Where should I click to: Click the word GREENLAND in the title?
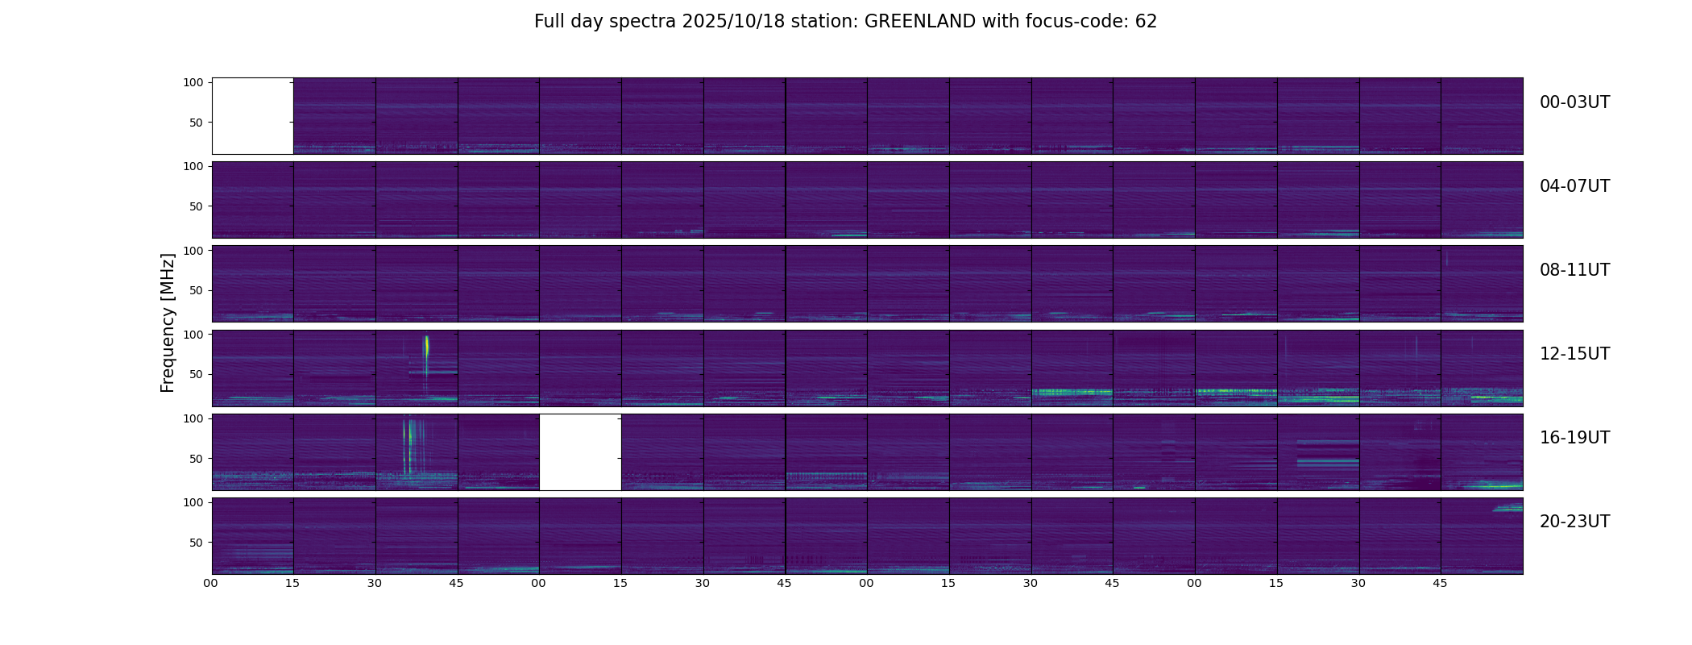tap(919, 22)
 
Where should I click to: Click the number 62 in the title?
tap(1146, 22)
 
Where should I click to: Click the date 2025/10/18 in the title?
tap(736, 22)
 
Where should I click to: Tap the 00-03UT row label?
tap(1574, 102)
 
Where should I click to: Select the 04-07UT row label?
tap(1574, 186)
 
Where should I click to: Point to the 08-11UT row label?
tap(1574, 270)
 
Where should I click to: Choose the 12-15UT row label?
tap(1574, 354)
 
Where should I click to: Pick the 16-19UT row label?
tap(1574, 438)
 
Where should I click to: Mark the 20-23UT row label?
tap(1574, 522)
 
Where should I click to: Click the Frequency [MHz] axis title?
tap(168, 322)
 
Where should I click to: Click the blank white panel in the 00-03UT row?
tap(252, 116)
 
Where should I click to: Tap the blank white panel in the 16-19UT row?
tap(580, 451)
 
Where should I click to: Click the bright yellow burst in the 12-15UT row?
tap(426, 347)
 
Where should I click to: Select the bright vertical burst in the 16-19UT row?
tap(410, 439)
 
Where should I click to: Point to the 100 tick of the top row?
tap(193, 82)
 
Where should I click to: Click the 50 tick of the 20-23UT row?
tap(197, 543)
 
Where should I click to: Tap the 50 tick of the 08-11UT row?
tap(197, 290)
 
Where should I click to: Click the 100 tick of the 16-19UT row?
tap(193, 418)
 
